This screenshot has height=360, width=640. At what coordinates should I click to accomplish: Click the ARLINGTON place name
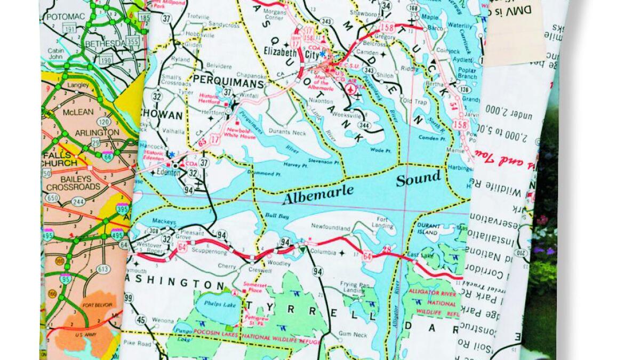pos(97,132)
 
